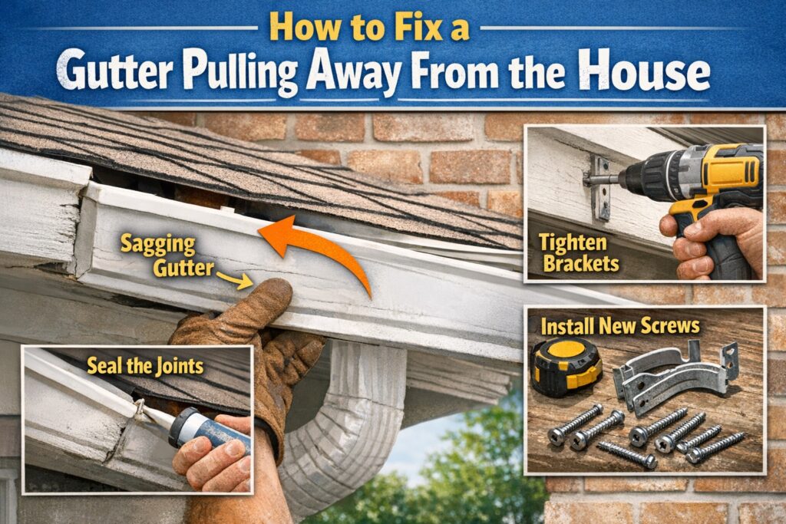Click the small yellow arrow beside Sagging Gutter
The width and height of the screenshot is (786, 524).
point(233,281)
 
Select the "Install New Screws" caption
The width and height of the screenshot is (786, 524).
point(619,325)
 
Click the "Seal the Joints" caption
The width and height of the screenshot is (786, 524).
point(145,365)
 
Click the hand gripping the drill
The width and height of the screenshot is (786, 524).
point(710,242)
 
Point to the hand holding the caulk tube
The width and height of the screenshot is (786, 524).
point(207,460)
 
